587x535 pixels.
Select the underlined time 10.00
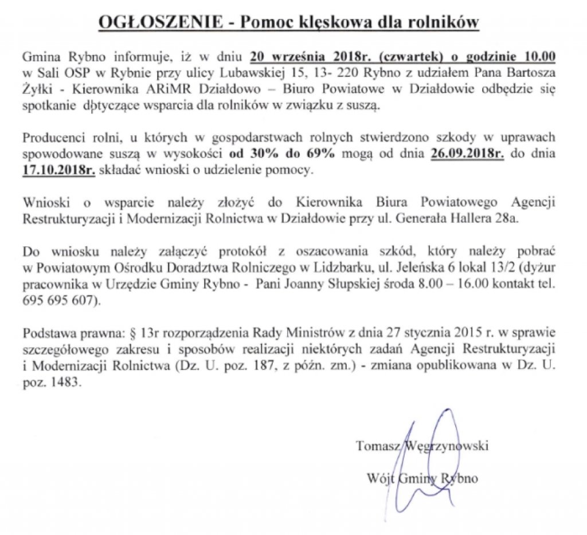coord(542,57)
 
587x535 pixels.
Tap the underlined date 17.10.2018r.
coord(58,170)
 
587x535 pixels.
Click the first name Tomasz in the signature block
coord(378,445)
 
